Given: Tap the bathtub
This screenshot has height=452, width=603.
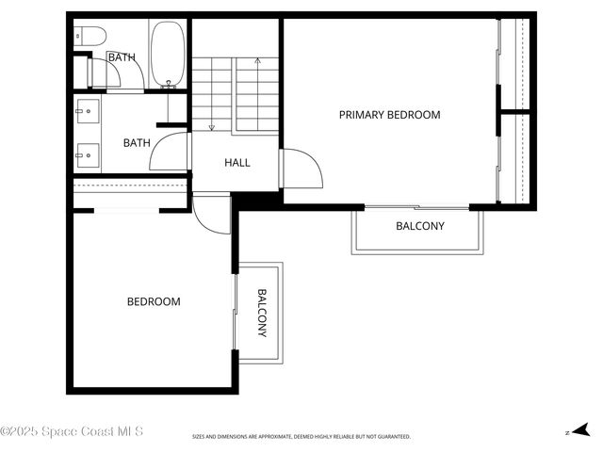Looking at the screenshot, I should pos(169,55).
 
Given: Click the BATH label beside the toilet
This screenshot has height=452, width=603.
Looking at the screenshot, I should pos(121,57).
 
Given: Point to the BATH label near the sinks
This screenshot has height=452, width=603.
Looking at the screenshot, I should pos(137,143).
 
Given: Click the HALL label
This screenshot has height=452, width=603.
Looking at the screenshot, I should pos(237,163).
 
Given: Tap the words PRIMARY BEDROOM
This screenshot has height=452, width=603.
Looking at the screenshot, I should pos(389,115).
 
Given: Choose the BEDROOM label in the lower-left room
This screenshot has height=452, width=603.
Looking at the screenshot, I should pos(154,301).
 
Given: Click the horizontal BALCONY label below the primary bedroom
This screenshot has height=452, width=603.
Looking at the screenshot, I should pos(419,226).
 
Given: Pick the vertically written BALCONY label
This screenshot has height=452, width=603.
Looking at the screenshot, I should pos(262,313).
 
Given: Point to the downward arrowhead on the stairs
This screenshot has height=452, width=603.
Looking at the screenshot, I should pos(211,127).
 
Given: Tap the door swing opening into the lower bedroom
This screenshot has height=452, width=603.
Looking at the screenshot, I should pos(209,215).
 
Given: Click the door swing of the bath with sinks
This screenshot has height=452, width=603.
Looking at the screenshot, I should pos(172,153).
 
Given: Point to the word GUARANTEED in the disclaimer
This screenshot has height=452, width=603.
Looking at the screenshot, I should pos(393,437).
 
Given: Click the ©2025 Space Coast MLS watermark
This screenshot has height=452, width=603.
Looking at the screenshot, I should pos(72,431).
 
